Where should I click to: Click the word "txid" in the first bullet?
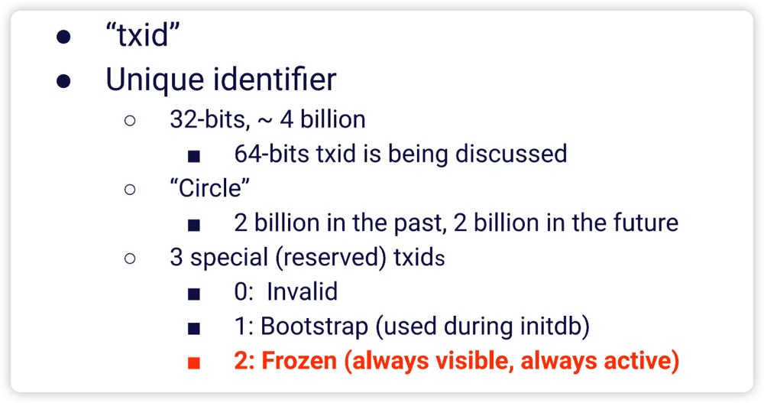click(x=143, y=35)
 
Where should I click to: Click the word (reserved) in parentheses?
click(x=332, y=258)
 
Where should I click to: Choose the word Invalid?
click(x=302, y=292)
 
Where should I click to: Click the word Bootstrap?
click(x=314, y=327)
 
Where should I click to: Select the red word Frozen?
click(x=299, y=361)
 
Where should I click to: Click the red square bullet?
click(x=194, y=363)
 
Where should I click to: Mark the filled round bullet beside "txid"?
click(x=63, y=37)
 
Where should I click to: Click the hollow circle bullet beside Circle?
click(x=130, y=190)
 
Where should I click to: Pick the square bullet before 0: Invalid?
click(x=194, y=294)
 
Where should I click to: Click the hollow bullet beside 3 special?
click(x=130, y=258)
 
